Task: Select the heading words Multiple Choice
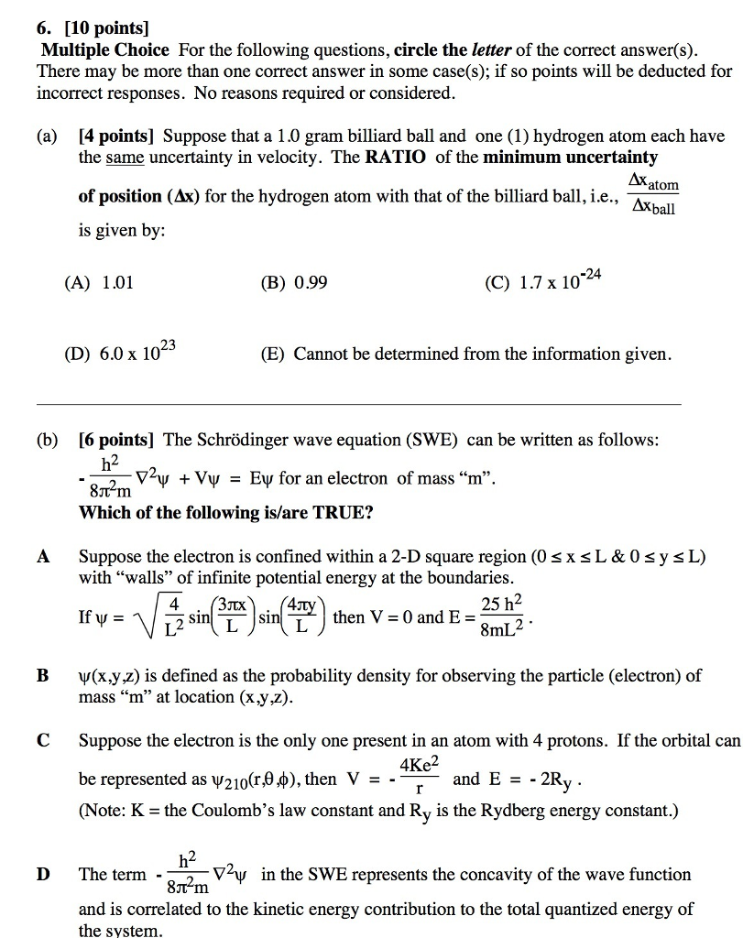[x=104, y=50]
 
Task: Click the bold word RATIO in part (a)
[x=398, y=158]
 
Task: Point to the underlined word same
[x=125, y=158]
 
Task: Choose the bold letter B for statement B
[x=42, y=676]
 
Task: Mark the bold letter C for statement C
[x=42, y=740]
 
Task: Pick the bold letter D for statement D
[x=42, y=874]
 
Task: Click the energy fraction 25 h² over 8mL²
[x=501, y=616]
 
